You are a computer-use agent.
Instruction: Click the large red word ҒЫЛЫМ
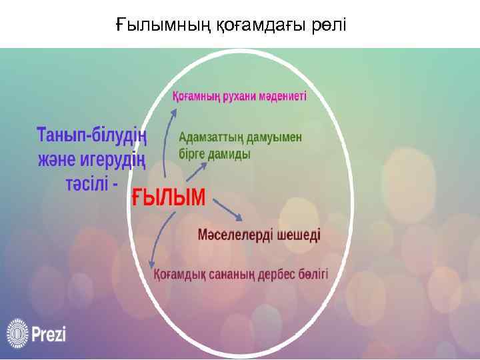(168, 197)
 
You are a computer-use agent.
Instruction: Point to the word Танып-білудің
(91, 135)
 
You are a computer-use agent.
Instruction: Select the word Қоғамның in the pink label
(197, 96)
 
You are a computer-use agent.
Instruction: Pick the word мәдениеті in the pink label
(285, 96)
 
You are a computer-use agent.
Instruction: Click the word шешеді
(298, 235)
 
